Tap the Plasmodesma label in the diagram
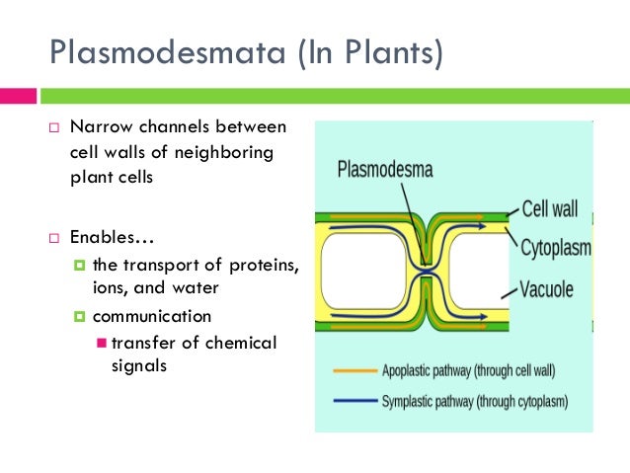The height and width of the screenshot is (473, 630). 385,168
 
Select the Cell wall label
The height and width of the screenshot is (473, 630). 550,209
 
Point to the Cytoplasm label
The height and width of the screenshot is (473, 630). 556,247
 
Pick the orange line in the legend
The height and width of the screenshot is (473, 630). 351,372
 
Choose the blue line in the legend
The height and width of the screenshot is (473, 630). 351,402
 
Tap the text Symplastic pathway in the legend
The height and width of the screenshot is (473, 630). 429,402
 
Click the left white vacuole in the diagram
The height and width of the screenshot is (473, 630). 360,269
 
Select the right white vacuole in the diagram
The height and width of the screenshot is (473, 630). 479,269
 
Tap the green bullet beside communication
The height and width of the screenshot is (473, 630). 80,317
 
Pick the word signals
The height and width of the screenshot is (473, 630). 137,365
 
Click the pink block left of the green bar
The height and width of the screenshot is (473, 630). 18,97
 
